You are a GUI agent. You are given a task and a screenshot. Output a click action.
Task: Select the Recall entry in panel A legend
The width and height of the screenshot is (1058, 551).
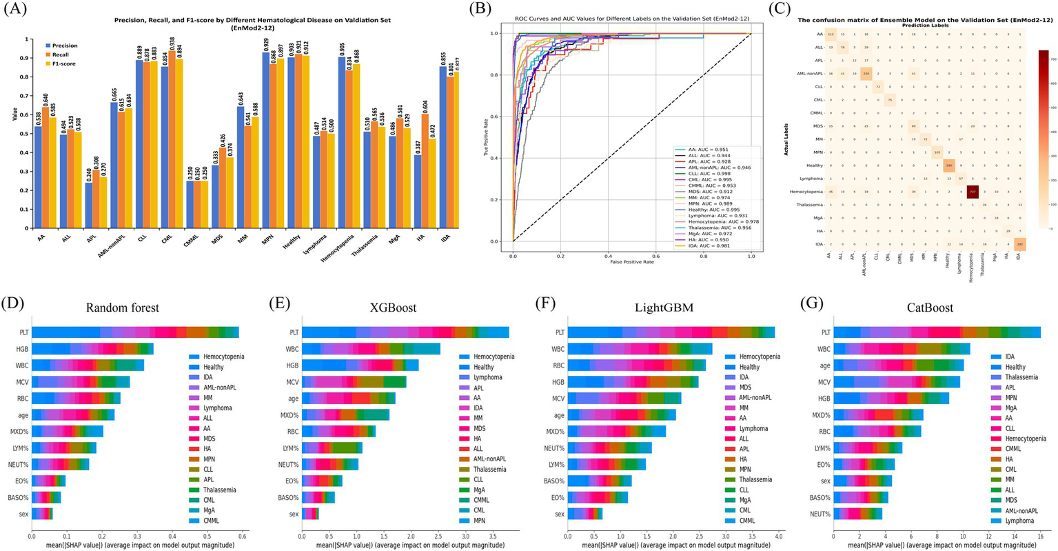[x=64, y=54]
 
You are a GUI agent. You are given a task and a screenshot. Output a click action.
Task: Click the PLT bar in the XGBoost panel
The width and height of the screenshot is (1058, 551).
[x=405, y=332]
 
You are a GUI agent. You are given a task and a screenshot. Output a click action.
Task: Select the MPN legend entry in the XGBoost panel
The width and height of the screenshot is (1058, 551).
[x=481, y=521]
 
